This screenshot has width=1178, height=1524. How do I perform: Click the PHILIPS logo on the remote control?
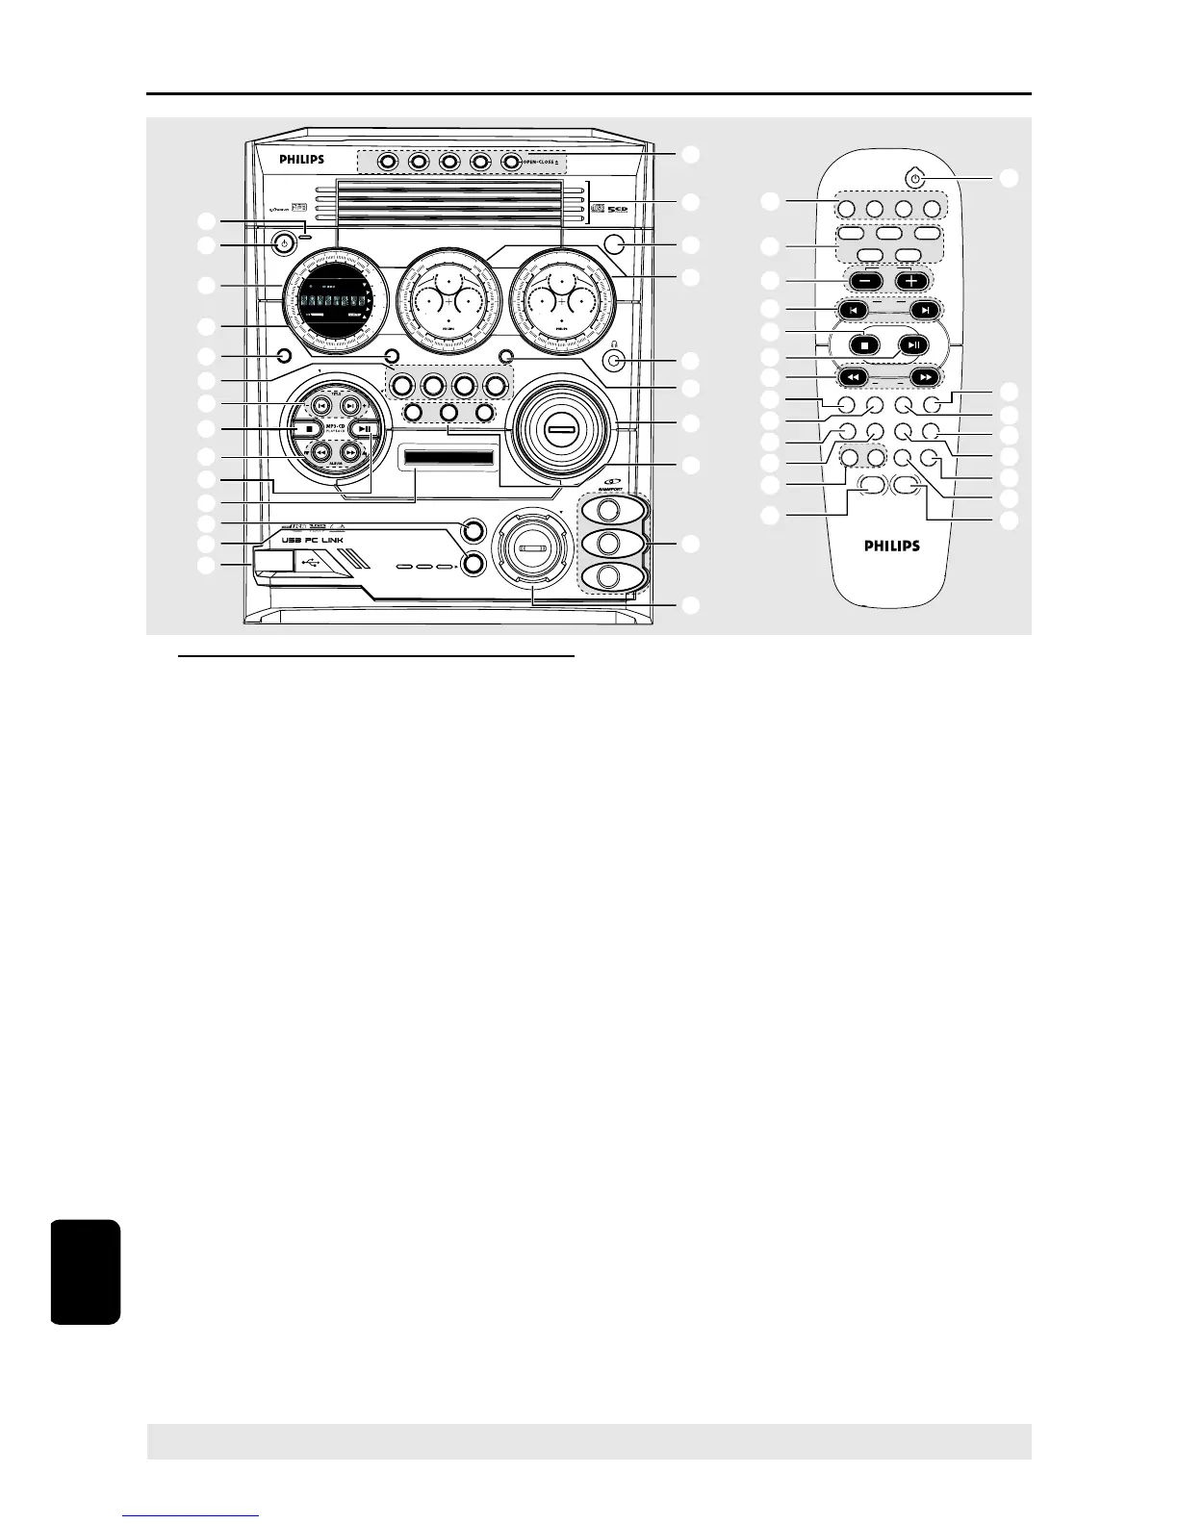889,546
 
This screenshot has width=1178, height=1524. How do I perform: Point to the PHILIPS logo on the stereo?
301,160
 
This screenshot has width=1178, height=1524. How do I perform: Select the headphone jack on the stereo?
616,361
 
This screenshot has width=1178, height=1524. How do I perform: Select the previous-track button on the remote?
851,310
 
